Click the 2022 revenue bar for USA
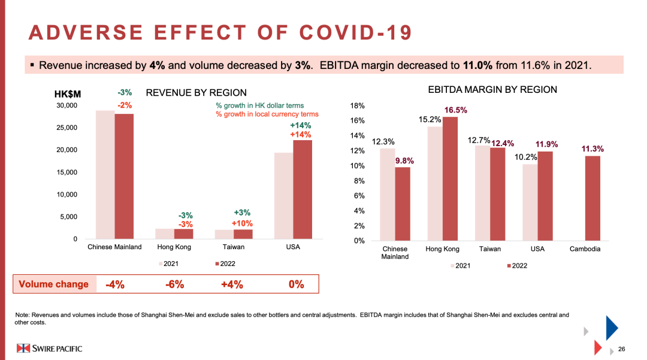point(303,189)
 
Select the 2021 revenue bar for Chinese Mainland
point(105,175)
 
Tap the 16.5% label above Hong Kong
point(455,110)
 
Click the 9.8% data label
point(404,161)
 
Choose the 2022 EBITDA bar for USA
point(545,196)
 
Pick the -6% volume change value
point(174,285)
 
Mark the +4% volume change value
point(232,285)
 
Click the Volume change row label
point(53,285)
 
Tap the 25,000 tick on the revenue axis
point(67,128)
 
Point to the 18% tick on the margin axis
point(357,106)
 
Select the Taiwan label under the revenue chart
point(232,247)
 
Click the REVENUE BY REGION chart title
point(196,93)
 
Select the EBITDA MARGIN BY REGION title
point(492,90)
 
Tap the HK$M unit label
point(67,93)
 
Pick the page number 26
point(621,349)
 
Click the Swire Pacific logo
point(49,348)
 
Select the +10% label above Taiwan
point(241,223)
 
